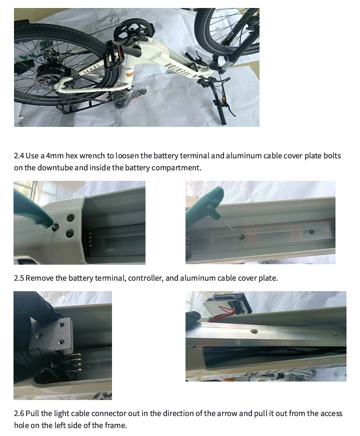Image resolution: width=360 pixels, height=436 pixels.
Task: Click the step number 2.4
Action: tap(19, 156)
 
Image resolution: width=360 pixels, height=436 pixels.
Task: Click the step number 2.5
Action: tap(19, 278)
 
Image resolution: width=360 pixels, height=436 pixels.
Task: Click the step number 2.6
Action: tap(19, 414)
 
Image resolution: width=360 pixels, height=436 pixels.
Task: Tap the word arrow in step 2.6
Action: tap(227, 414)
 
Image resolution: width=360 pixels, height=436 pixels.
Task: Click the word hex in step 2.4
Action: tap(71, 156)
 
